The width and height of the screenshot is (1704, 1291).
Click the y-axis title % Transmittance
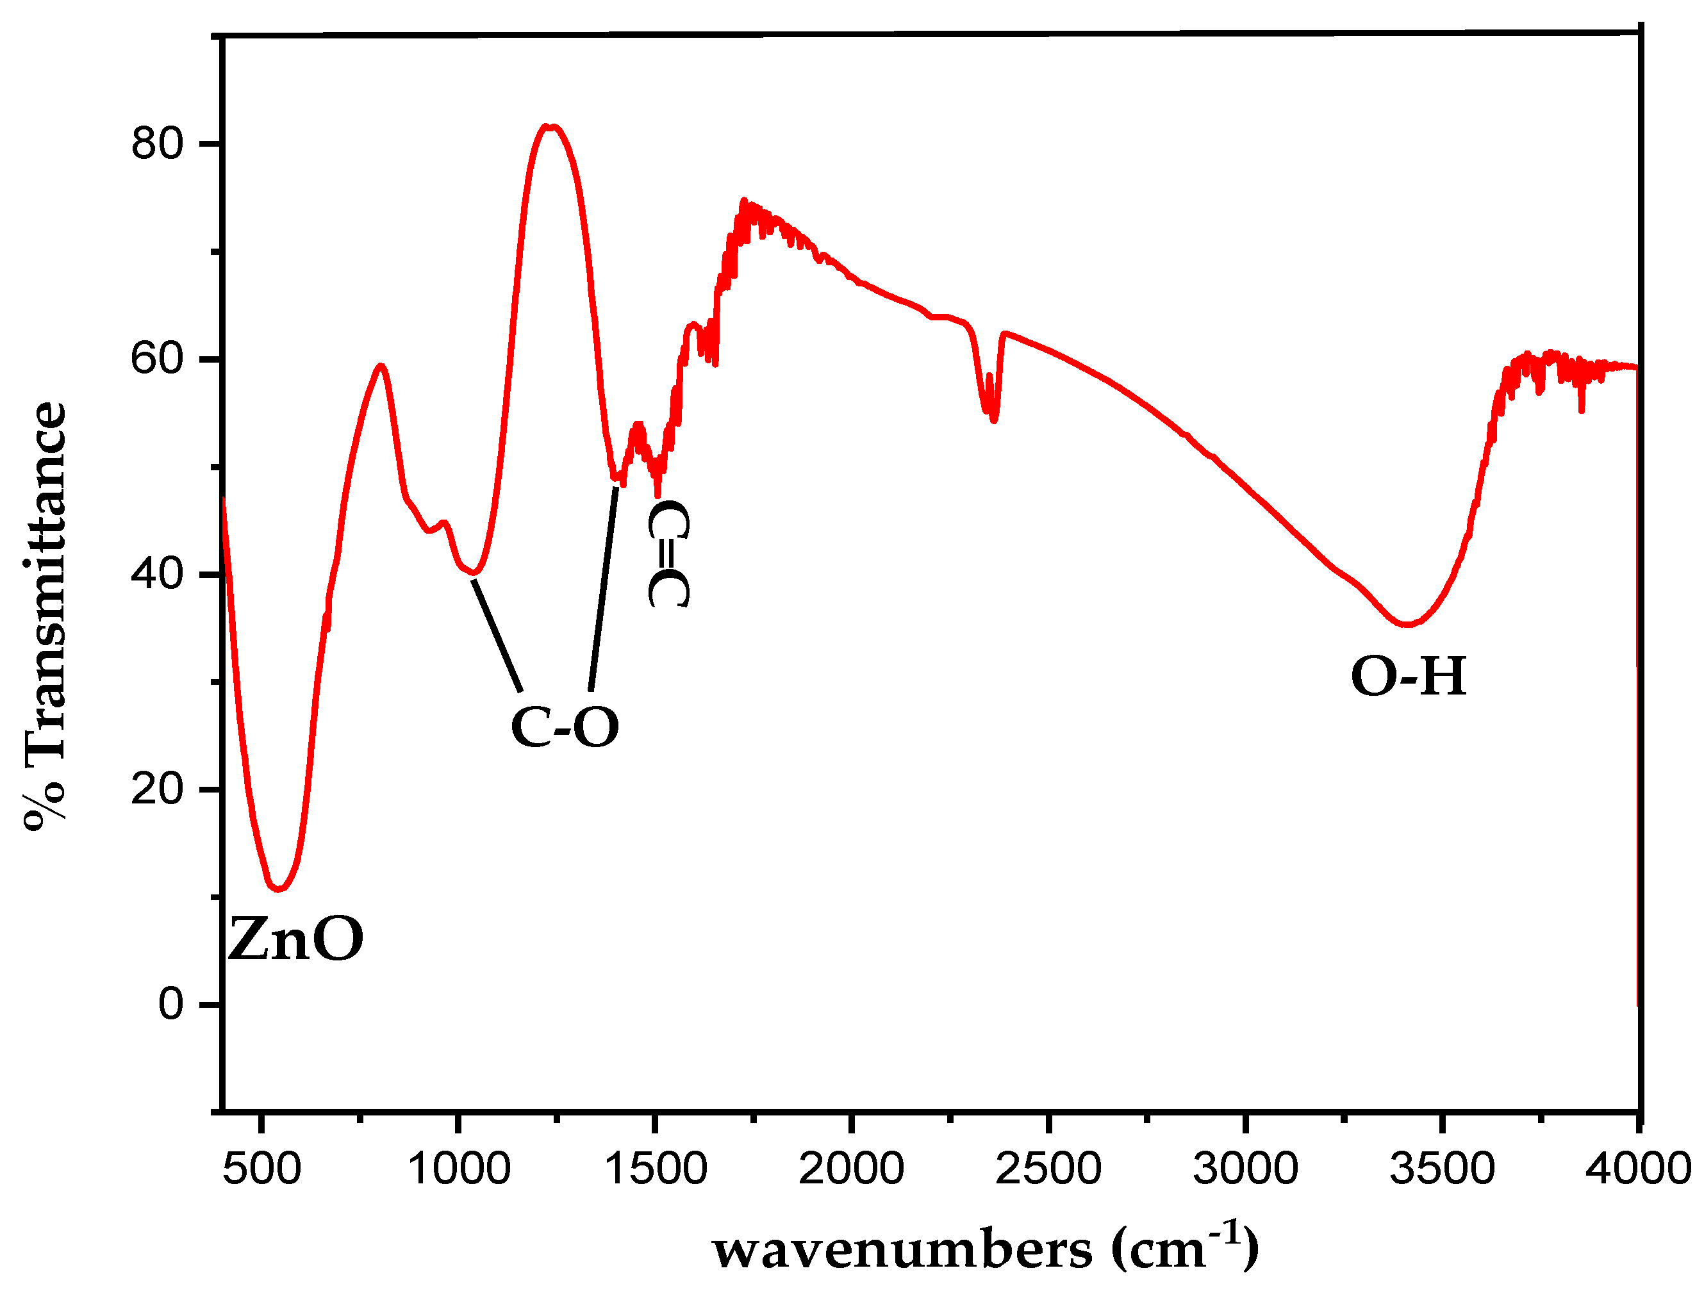[45, 616]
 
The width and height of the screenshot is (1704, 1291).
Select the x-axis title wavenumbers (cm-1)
[986, 1248]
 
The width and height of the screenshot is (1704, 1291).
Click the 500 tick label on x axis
[262, 1169]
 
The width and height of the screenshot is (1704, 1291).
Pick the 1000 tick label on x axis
[458, 1169]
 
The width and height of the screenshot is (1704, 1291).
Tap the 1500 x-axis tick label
[656, 1169]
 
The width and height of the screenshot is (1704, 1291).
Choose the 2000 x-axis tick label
[851, 1169]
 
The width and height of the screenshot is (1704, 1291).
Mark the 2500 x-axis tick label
[1048, 1169]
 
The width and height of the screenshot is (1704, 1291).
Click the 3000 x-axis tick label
[1246, 1169]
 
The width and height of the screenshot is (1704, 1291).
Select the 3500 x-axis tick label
[1442, 1169]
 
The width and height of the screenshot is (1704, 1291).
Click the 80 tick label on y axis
[157, 144]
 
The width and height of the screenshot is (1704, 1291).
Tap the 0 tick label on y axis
[170, 1005]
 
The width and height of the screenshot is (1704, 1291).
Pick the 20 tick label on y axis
[157, 789]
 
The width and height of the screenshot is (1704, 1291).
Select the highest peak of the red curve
[549, 126]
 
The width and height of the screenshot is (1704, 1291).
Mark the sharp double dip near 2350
[991, 412]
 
